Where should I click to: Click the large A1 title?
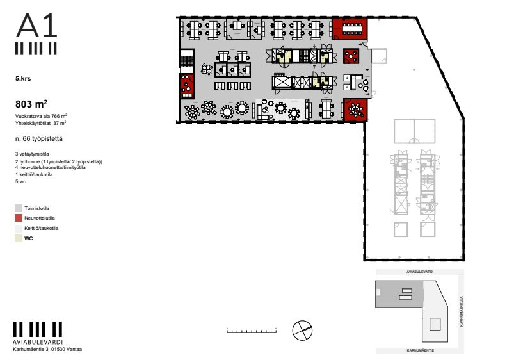(37, 26)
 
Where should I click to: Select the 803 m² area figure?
(31, 103)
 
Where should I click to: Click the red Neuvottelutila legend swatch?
(19, 218)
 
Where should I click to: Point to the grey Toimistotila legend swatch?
(19, 208)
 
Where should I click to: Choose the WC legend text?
(28, 238)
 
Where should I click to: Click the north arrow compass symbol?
(302, 331)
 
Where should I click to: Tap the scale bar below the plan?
(252, 331)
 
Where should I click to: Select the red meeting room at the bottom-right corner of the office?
(355, 110)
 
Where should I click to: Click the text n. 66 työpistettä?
(38, 138)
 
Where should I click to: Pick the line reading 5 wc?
(20, 182)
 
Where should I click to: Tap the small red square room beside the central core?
(351, 56)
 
